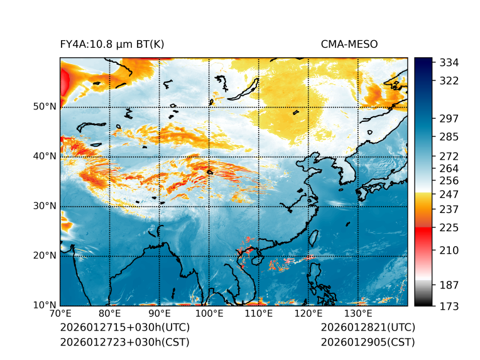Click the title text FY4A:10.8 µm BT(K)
(x=112, y=44)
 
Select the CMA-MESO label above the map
(x=349, y=44)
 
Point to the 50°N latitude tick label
(x=45, y=107)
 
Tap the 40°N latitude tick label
(x=45, y=156)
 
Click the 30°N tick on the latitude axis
(x=45, y=206)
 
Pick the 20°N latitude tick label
(x=45, y=256)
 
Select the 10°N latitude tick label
(x=45, y=305)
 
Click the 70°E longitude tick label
(x=60, y=314)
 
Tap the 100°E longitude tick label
(x=209, y=314)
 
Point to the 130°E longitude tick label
(x=357, y=314)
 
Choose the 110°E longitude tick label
(x=259, y=314)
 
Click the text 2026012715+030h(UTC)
(x=124, y=327)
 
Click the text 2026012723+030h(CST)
(x=124, y=342)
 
